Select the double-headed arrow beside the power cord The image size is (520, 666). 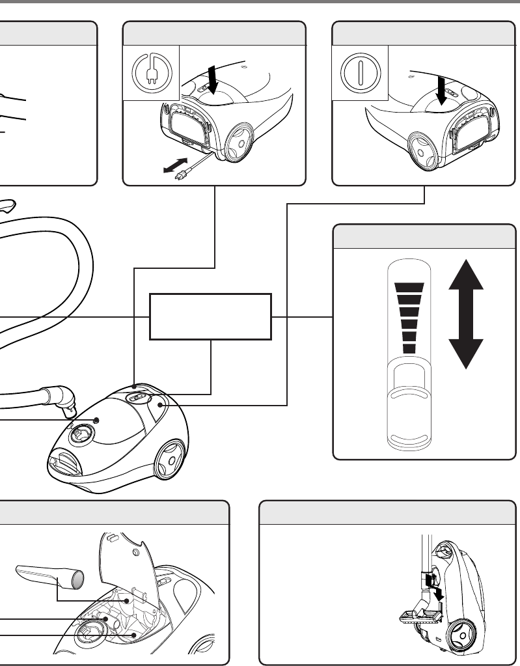(175, 165)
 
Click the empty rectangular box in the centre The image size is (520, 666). (210, 316)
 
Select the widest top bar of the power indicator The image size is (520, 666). (409, 287)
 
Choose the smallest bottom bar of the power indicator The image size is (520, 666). (409, 348)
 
